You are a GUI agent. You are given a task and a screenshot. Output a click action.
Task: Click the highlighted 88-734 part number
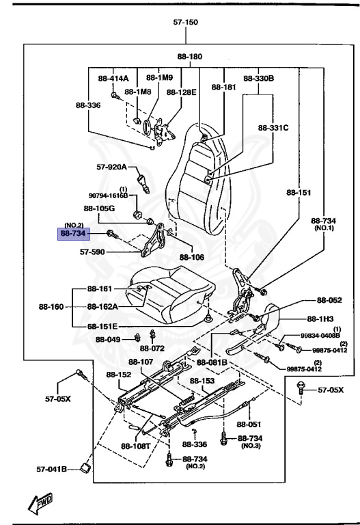click(x=73, y=234)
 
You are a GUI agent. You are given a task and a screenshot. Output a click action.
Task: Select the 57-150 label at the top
click(x=185, y=22)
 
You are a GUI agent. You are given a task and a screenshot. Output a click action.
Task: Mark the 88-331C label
click(x=273, y=127)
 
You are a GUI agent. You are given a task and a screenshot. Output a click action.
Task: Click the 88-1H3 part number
click(x=320, y=319)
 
